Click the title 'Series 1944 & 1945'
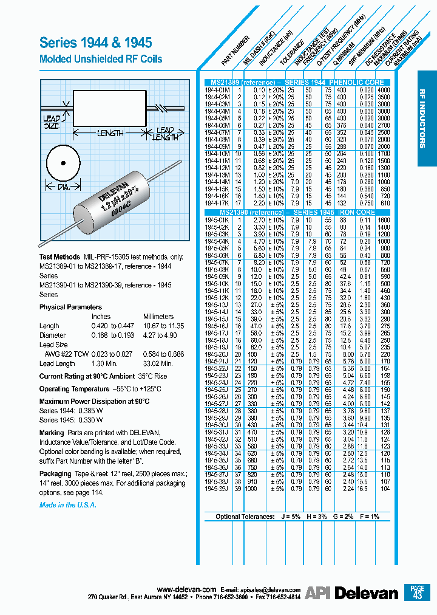pos(95,43)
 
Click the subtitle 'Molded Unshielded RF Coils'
pos(101,60)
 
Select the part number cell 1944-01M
pos(217,89)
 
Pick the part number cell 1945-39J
pos(217,489)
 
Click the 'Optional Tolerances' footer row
pos(297,517)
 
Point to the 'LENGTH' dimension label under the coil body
pos(110,132)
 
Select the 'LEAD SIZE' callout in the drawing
pos(52,122)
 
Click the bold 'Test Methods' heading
pos(59,258)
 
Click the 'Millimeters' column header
pos(158,317)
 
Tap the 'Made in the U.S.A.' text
pos(67,505)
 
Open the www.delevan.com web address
pos(186,590)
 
